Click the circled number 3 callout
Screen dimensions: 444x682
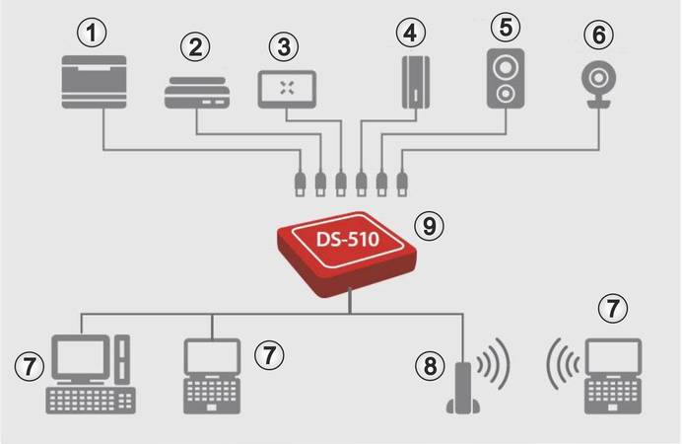click(285, 46)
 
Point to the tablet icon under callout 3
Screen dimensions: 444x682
click(287, 88)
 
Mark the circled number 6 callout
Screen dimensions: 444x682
click(598, 34)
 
